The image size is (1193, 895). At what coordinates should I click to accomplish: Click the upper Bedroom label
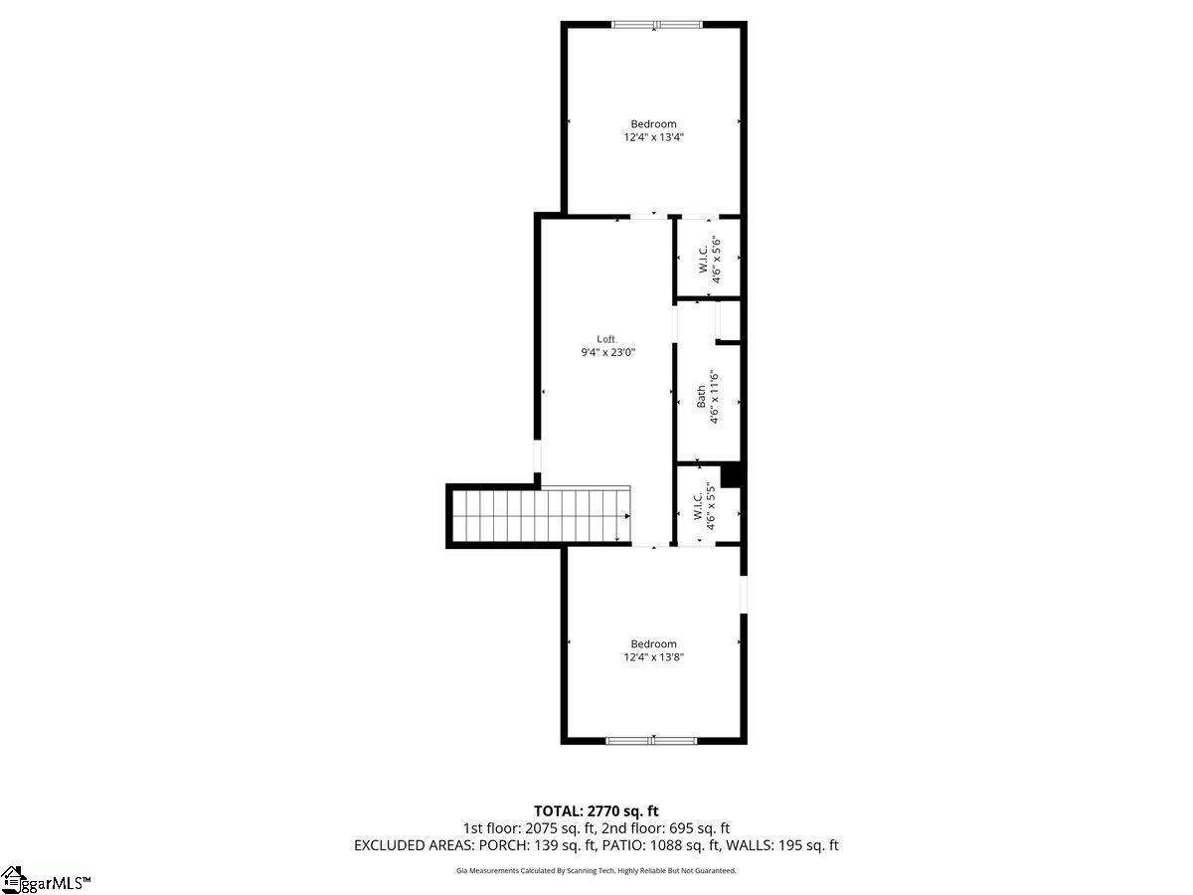653,124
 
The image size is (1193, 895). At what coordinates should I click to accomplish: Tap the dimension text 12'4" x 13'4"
653,138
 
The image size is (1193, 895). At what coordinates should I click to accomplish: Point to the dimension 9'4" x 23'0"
607,352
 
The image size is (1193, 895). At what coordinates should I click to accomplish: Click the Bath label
701,397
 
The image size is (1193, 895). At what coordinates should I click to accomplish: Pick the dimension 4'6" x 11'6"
714,397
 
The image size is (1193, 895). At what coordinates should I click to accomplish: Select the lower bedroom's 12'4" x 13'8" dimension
653,657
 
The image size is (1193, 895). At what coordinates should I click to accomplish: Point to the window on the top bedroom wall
656,24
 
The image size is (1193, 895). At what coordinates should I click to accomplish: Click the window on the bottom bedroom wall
652,740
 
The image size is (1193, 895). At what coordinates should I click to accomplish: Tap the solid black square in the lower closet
731,475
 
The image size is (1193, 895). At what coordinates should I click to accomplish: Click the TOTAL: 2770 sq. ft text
596,811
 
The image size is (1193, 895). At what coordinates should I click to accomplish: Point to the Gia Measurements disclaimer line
596,871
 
